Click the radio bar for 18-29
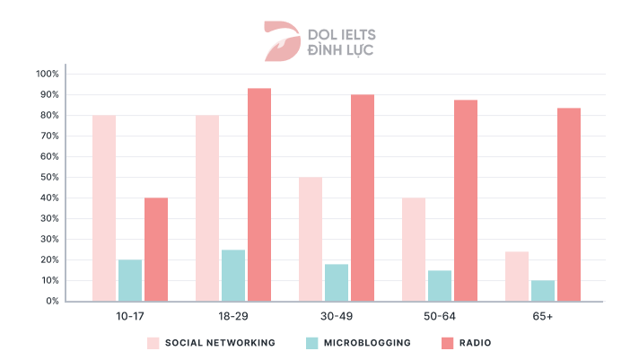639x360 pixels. (259, 195)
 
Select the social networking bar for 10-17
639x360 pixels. (104, 208)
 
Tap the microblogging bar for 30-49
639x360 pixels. (337, 283)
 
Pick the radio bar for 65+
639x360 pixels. (569, 205)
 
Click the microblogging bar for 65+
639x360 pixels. (543, 291)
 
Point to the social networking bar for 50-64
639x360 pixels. (414, 250)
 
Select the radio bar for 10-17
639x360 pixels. (156, 250)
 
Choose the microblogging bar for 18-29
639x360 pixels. (233, 276)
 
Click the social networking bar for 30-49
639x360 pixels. (311, 239)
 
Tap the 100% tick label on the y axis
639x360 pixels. (48, 74)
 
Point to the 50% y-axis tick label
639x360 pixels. (49, 177)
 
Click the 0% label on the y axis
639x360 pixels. (52, 302)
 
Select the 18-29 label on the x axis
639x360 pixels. (233, 316)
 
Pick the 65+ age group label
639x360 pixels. (543, 316)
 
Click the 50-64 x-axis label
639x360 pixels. (440, 316)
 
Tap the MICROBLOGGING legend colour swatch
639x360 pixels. (312, 343)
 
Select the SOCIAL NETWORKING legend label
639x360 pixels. (220, 343)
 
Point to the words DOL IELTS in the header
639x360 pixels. (341, 34)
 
